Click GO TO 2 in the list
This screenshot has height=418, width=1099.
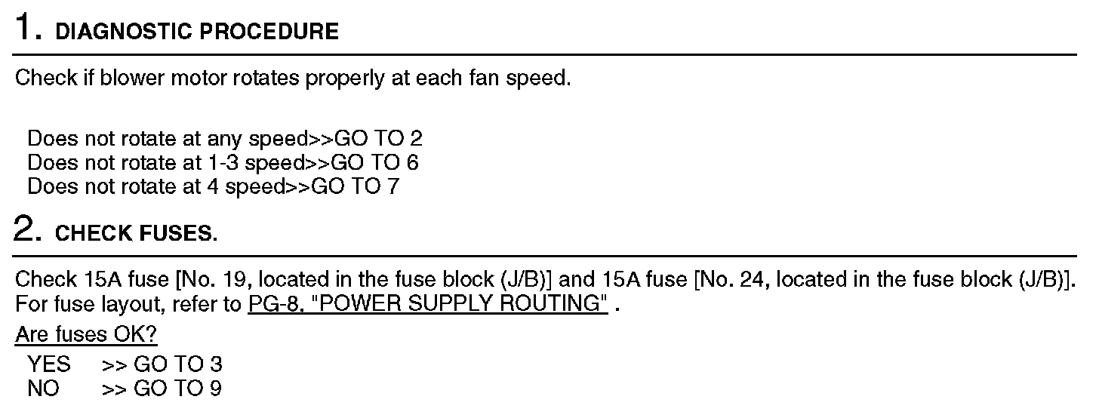[389, 139]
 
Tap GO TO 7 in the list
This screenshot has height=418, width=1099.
[355, 186]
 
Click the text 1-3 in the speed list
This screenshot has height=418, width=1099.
[223, 162]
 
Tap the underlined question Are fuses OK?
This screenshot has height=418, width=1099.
[87, 334]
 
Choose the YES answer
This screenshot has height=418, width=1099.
[48, 364]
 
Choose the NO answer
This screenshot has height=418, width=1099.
[43, 389]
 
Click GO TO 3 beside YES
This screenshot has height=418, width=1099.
[178, 364]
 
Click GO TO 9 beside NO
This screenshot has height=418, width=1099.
[178, 389]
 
